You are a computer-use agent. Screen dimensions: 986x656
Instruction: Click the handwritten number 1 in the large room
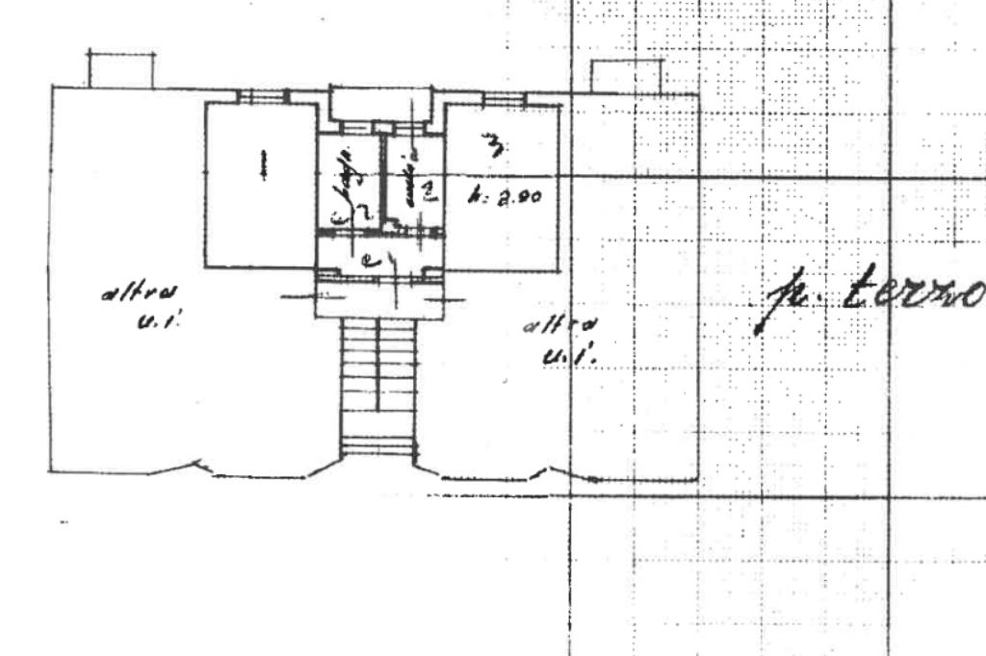261,164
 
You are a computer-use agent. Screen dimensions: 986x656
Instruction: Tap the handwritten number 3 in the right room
496,146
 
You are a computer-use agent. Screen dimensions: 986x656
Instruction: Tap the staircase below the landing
378,385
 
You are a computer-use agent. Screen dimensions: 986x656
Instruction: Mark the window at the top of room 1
263,95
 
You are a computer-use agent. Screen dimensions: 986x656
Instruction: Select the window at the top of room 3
504,99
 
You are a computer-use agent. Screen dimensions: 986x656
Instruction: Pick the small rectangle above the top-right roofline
627,77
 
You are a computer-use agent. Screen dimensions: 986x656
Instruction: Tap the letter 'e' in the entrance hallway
368,258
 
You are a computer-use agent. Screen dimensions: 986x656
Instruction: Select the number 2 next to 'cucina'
428,189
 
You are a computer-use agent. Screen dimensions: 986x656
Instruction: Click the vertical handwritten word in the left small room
343,191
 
